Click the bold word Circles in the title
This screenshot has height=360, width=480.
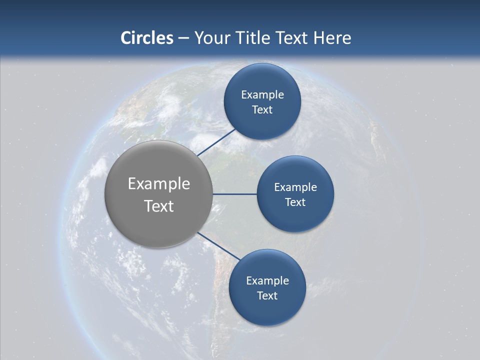(x=147, y=38)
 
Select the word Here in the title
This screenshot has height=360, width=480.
(x=332, y=38)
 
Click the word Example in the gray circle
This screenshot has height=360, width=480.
(x=159, y=184)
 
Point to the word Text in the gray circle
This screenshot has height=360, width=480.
(x=159, y=206)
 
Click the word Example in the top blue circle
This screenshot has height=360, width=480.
(x=262, y=95)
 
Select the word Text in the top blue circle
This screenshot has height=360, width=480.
(x=262, y=110)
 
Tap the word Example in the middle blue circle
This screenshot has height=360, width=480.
(x=295, y=187)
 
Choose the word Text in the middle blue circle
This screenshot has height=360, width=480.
(x=295, y=202)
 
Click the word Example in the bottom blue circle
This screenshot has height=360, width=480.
(x=267, y=280)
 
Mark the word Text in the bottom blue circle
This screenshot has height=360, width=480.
(x=267, y=296)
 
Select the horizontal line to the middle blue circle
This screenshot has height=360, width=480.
(x=235, y=194)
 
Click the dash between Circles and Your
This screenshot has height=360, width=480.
(x=183, y=38)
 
